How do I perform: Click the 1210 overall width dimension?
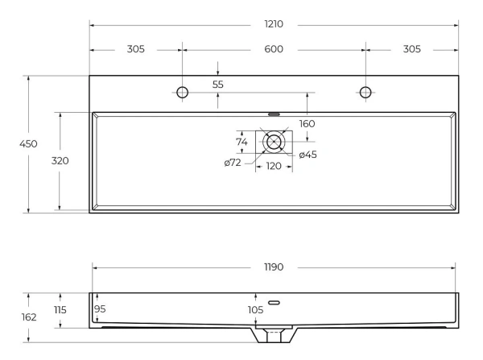274,24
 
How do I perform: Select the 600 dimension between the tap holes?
274,49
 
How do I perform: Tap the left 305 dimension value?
135,49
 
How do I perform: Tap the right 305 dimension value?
412,49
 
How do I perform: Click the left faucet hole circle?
183,87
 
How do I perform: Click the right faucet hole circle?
365,87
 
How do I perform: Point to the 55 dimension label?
218,85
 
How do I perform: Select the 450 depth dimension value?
28,143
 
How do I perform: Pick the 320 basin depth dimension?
60,160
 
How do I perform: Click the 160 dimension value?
308,124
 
